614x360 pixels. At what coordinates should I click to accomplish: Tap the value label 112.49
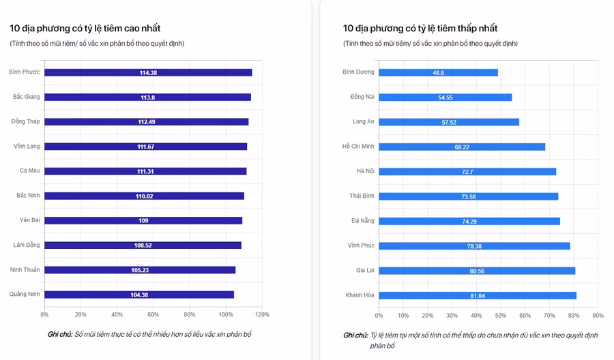click(147, 122)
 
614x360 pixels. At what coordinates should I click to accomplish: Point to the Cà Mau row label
click(29, 171)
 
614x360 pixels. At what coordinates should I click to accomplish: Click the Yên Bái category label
click(29, 220)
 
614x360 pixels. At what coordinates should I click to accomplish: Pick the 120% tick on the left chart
click(262, 315)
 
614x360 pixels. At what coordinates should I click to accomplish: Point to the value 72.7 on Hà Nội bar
click(467, 172)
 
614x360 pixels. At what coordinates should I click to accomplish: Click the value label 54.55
click(445, 97)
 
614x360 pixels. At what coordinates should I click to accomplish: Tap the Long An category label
click(363, 122)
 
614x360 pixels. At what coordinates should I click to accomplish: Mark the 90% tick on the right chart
click(598, 316)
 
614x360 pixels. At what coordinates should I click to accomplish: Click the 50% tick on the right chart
click(501, 316)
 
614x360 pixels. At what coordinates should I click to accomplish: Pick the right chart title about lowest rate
click(420, 29)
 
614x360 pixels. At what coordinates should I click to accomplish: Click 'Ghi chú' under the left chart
click(59, 335)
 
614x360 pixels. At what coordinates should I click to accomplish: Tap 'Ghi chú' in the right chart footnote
click(356, 335)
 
